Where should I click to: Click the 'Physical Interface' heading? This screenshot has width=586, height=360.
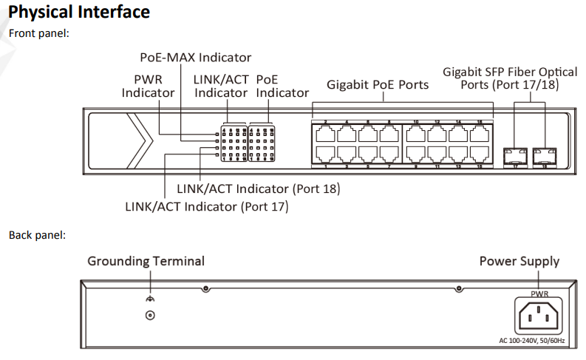click(x=78, y=12)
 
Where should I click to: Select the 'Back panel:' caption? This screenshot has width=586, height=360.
click(x=37, y=235)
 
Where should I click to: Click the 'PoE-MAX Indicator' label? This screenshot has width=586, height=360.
click(x=196, y=57)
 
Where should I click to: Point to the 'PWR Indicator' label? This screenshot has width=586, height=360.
click(x=148, y=85)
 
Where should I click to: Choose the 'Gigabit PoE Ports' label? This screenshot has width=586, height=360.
click(x=378, y=85)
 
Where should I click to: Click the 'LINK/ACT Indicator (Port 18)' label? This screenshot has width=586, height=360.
click(x=259, y=189)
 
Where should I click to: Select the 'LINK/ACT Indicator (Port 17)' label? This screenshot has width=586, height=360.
click(x=206, y=206)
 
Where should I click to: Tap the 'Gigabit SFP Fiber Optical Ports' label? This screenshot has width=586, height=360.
click(x=510, y=78)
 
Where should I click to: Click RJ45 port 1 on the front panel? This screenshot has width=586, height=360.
click(x=325, y=154)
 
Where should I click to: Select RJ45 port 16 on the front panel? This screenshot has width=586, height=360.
click(x=480, y=134)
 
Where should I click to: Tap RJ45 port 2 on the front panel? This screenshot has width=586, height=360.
click(x=325, y=134)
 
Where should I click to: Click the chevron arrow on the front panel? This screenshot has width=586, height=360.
click(x=137, y=140)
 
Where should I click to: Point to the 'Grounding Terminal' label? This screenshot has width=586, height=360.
click(x=146, y=261)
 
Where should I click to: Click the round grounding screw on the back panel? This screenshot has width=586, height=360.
click(x=151, y=315)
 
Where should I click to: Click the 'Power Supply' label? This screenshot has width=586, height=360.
click(x=519, y=261)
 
